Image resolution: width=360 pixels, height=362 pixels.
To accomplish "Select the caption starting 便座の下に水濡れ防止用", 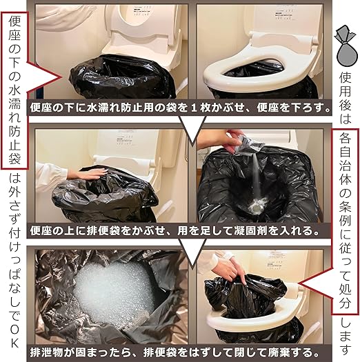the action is pos(181,108).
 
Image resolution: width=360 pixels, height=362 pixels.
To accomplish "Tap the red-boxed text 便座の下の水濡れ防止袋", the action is pos(14,90).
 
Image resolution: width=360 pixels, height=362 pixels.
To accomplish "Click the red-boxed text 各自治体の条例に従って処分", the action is pos(346,221).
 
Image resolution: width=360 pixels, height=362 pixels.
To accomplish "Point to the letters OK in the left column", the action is pos(14,337).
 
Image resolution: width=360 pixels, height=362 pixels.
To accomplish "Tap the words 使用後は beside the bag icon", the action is pos(346,98).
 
